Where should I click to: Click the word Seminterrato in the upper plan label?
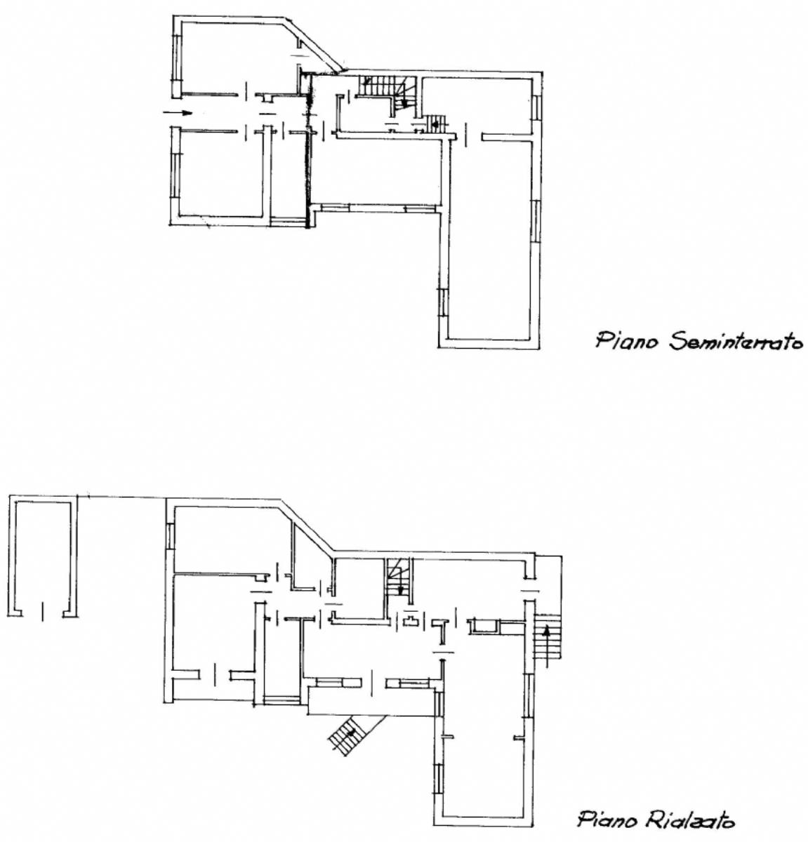735,342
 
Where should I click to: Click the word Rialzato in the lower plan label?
687,819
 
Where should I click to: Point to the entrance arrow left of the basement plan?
178,113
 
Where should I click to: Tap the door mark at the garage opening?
42,611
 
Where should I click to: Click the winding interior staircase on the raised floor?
399,580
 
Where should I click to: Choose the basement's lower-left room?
220,173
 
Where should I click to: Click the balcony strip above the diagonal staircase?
370,702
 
